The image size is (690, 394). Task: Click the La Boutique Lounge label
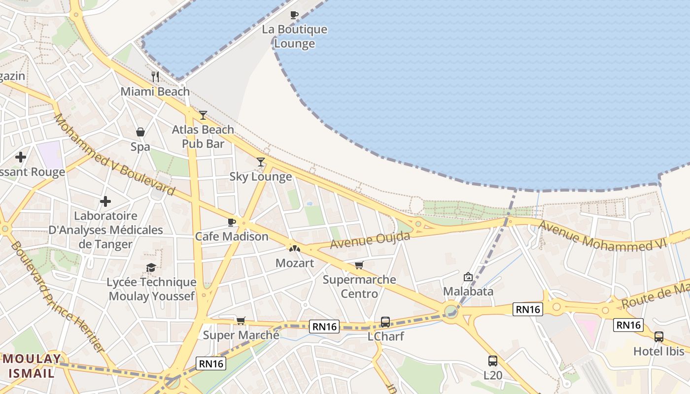(x=294, y=36)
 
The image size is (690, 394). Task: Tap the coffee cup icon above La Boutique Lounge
(x=294, y=15)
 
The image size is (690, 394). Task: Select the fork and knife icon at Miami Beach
(x=155, y=76)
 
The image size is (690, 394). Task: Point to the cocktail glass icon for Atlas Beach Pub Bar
(x=203, y=115)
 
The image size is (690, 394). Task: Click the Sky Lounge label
(x=261, y=176)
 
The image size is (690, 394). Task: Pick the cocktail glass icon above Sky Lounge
(x=261, y=162)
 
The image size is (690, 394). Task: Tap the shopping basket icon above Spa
(x=140, y=132)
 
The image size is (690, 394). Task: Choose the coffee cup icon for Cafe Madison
(x=232, y=222)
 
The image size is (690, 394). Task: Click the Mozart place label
(x=295, y=263)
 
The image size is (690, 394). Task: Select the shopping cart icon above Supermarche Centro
(x=359, y=265)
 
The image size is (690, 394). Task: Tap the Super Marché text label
(x=241, y=335)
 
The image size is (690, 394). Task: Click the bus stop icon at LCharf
(x=385, y=322)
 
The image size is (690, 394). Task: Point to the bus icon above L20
(x=493, y=361)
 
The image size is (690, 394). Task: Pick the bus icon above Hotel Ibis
(x=659, y=337)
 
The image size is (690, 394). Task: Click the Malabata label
(x=468, y=291)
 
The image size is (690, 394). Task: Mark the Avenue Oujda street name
(x=370, y=240)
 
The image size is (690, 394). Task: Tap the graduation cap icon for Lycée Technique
(x=151, y=267)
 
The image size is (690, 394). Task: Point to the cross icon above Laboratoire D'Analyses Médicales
(x=105, y=201)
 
